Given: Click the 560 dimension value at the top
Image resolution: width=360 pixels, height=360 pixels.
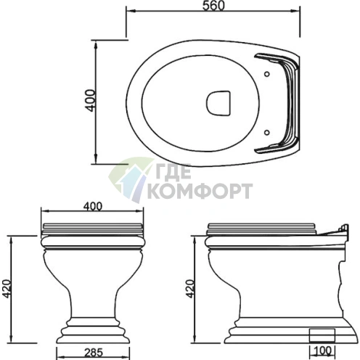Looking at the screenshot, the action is point(213,6).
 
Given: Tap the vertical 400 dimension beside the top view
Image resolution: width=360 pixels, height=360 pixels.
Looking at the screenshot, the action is point(91,100).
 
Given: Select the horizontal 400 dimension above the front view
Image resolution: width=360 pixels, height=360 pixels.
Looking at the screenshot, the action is point(93,206).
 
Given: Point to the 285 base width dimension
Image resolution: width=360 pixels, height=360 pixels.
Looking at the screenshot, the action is point(94,353).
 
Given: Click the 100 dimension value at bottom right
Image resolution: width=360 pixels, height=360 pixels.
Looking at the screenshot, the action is point(323,351).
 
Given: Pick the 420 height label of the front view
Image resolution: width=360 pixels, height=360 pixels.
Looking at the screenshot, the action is point(6,288).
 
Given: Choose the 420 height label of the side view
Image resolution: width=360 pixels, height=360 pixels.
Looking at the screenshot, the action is point(189,288).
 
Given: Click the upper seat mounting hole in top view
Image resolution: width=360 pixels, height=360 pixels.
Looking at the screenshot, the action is point(266,74).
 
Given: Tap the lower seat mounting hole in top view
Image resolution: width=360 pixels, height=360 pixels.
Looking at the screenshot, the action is point(266,132).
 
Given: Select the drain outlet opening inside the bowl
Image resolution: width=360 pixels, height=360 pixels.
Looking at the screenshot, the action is point(218,102).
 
